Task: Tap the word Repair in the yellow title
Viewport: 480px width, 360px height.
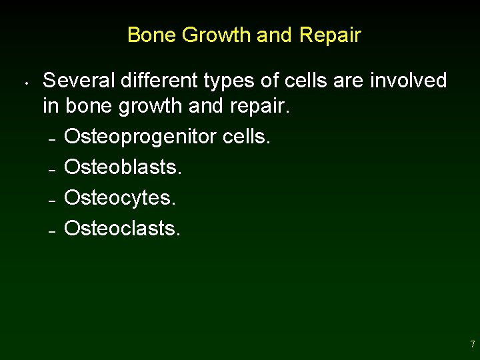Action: click(x=330, y=35)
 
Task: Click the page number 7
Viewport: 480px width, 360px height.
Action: click(x=472, y=345)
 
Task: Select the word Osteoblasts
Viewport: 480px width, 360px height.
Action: click(x=123, y=167)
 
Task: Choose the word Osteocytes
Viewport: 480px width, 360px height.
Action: click(x=120, y=198)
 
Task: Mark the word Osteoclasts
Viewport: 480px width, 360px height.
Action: click(x=122, y=229)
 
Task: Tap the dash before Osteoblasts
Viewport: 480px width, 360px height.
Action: click(x=51, y=169)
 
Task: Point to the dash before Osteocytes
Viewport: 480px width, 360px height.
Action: click(x=51, y=200)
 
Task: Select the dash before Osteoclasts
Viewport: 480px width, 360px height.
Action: click(x=51, y=231)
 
